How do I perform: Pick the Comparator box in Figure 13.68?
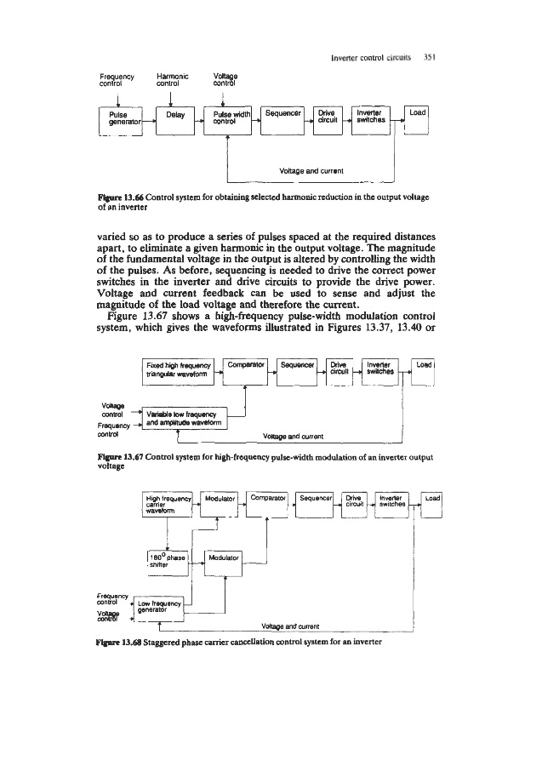267,503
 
